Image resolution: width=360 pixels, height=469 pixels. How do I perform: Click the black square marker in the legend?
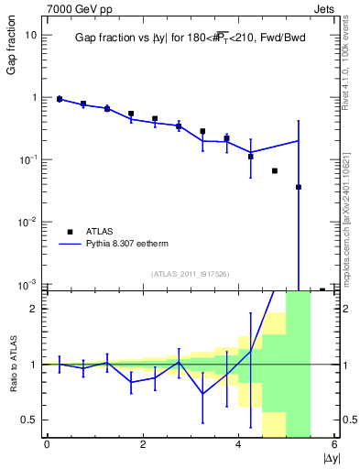point(71,232)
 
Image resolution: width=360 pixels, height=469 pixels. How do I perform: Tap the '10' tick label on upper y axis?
point(31,35)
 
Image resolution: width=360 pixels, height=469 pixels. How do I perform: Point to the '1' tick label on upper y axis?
point(34,97)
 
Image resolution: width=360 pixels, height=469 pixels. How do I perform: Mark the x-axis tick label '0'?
point(47,445)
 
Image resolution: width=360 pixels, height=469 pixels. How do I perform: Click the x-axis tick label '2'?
point(143,445)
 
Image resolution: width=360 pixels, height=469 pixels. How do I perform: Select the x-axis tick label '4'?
point(239,445)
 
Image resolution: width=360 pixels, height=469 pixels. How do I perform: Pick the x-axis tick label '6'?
point(334,445)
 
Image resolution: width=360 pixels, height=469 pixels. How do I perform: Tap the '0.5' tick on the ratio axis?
point(29,420)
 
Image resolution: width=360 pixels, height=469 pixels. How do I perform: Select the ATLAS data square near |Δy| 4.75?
point(275,171)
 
